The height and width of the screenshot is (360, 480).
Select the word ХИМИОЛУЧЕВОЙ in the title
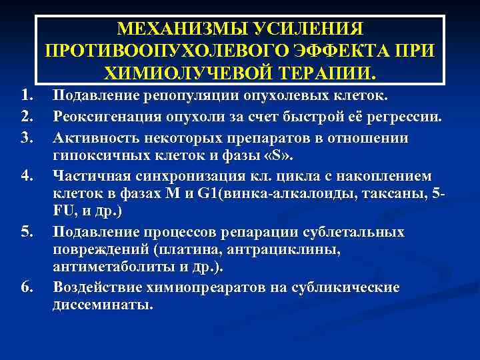tap(181, 71)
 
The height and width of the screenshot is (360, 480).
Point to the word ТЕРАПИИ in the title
tap(326, 71)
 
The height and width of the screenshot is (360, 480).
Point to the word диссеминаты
tap(102, 306)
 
